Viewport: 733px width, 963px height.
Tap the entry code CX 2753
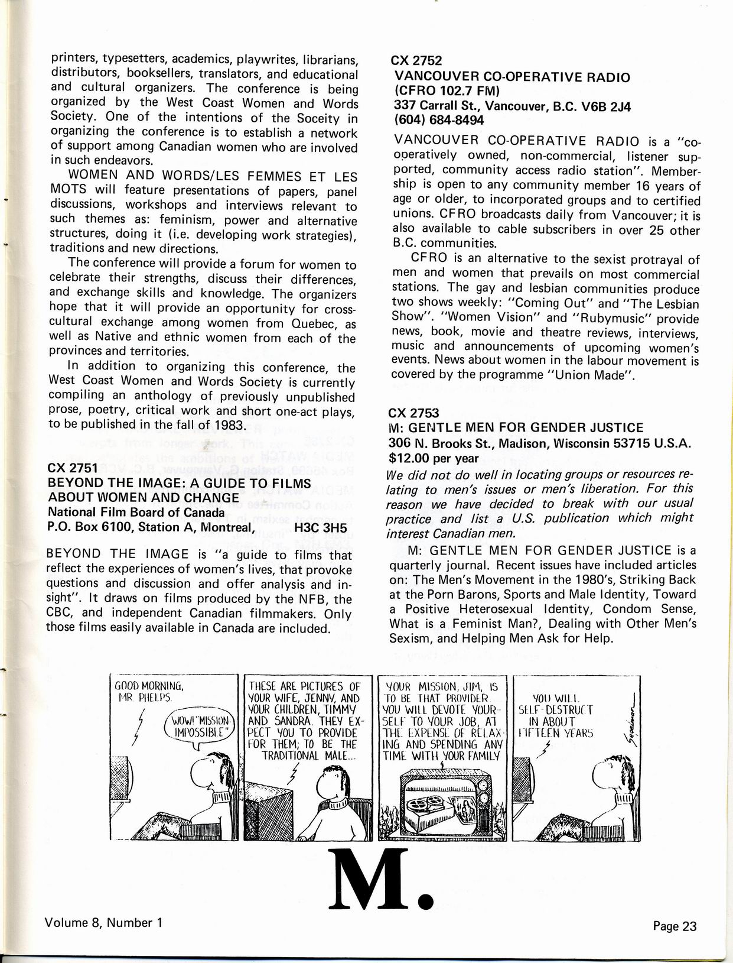click(x=413, y=413)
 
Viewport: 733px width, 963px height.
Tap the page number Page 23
click(x=675, y=926)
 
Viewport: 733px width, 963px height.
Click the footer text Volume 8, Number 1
click(x=103, y=922)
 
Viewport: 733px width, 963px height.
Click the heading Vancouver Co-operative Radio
click(x=512, y=77)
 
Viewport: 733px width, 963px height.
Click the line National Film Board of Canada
click(x=136, y=513)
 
